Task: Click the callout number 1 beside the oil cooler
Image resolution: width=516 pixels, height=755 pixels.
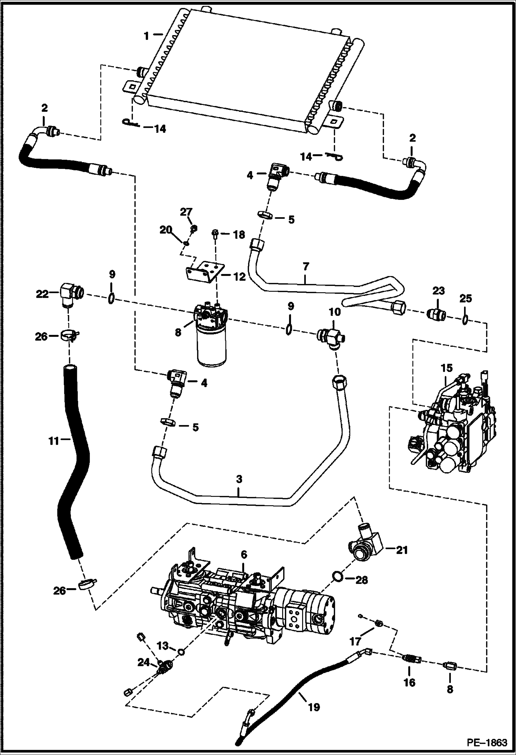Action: [x=146, y=35]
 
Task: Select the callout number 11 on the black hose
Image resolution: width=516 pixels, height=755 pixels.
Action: [x=54, y=440]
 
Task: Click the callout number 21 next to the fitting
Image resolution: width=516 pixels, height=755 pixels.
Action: [x=401, y=550]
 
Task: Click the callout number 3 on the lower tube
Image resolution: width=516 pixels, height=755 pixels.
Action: [x=239, y=479]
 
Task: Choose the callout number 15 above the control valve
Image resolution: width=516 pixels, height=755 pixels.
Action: [x=446, y=368]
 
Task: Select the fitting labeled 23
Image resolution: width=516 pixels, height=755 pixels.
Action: [x=436, y=314]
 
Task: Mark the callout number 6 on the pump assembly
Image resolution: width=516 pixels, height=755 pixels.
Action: [x=244, y=554]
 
